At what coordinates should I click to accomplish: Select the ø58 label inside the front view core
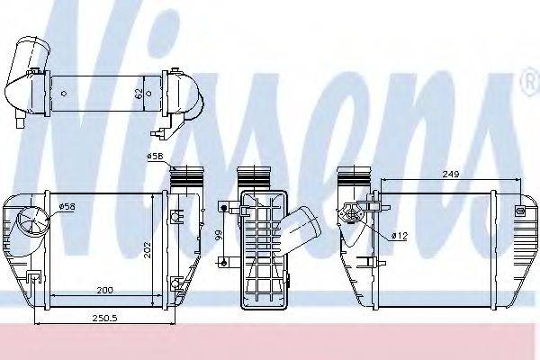(67, 207)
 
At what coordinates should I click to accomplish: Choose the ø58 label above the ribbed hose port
(155, 157)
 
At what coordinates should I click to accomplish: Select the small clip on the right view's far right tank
(519, 211)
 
